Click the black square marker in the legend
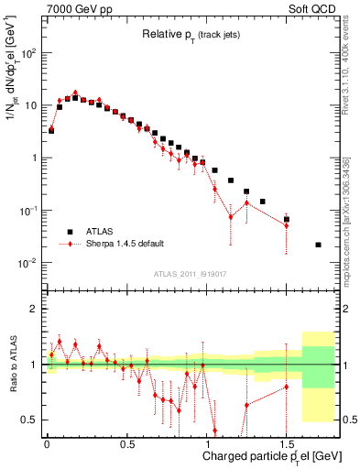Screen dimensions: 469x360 coord(67,232)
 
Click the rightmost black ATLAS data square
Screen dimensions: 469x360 coord(318,245)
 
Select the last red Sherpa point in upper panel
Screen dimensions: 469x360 coord(286,225)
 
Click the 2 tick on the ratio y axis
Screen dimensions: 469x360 coord(33,309)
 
